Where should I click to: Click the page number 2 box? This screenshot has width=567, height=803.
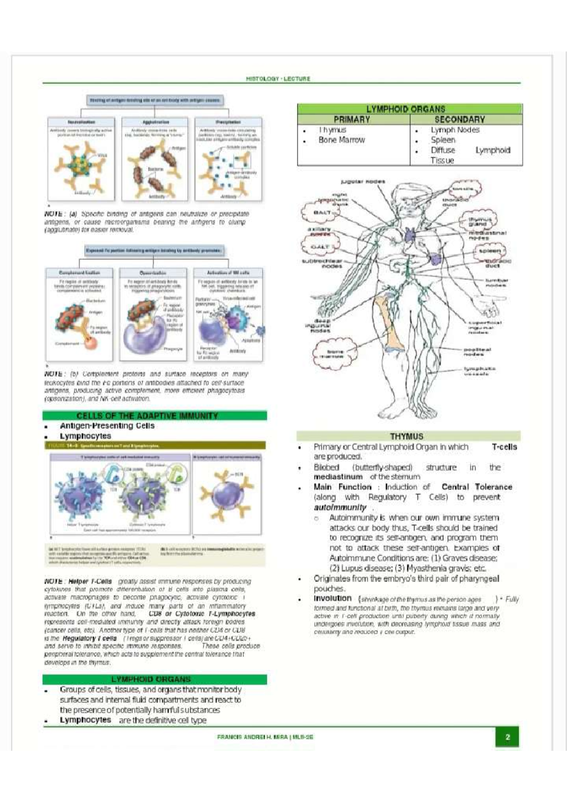click(x=507, y=737)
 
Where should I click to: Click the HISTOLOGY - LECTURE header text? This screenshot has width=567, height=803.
click(x=278, y=79)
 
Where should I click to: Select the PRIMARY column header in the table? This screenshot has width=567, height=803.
click(x=352, y=120)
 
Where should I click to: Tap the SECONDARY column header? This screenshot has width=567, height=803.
click(x=459, y=120)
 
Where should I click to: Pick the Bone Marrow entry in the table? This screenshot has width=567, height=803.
click(x=342, y=140)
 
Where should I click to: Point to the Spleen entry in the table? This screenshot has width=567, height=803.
click(x=443, y=140)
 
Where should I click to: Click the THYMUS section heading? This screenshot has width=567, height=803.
click(x=406, y=436)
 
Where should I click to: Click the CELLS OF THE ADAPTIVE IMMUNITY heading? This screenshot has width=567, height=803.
click(x=147, y=416)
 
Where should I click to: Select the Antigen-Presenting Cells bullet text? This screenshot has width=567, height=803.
click(x=107, y=426)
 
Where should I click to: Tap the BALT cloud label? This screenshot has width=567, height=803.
click(x=322, y=212)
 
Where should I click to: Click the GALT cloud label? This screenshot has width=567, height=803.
click(x=320, y=247)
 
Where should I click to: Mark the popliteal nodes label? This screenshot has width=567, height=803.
click(x=477, y=352)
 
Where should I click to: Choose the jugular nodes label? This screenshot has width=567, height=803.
click(x=363, y=181)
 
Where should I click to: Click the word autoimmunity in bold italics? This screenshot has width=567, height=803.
click(x=340, y=507)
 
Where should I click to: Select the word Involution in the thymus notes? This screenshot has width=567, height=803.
click(x=333, y=598)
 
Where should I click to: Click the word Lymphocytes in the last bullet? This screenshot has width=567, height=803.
click(x=86, y=720)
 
